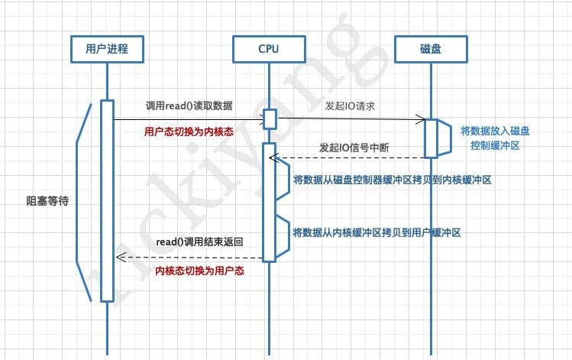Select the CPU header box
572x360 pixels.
pos(269,50)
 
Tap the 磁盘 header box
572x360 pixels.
pos(431,50)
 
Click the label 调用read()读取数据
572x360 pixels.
pos(189,105)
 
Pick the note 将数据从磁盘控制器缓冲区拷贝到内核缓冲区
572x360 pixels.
pos(392,181)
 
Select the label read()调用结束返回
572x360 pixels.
pos(200,242)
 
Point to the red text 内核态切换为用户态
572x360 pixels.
pos(199,271)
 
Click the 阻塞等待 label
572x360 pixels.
pos(43,202)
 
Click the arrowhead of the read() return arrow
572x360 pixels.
pos(118,257)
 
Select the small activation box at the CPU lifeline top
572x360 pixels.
pos(270,119)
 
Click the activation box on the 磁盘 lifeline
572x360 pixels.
pos(431,138)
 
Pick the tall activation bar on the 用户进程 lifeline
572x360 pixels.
pos(107,200)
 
